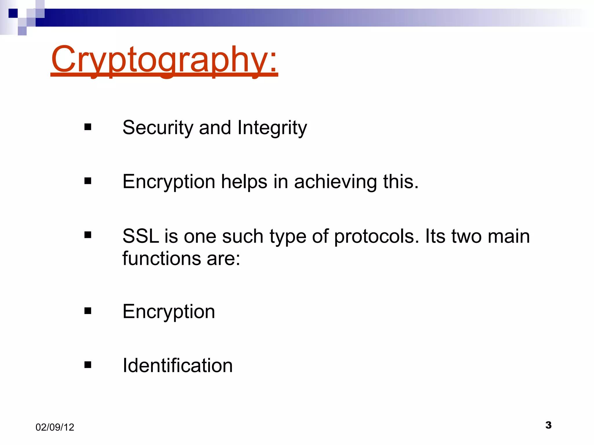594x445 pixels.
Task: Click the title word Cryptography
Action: click(164, 59)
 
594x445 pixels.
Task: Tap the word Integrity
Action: click(272, 128)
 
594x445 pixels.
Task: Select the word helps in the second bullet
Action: click(244, 182)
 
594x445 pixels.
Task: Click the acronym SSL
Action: click(140, 236)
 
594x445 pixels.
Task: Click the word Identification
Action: click(178, 365)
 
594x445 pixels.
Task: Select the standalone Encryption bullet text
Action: click(169, 312)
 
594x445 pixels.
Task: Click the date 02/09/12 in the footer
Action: click(55, 427)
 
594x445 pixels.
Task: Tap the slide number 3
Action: click(548, 425)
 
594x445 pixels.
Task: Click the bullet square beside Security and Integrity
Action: click(88, 127)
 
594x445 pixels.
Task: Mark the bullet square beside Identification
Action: click(88, 365)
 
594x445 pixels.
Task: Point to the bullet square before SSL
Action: click(88, 235)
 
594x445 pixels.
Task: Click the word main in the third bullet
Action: click(508, 236)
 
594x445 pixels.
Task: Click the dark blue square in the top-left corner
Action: click(13, 13)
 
